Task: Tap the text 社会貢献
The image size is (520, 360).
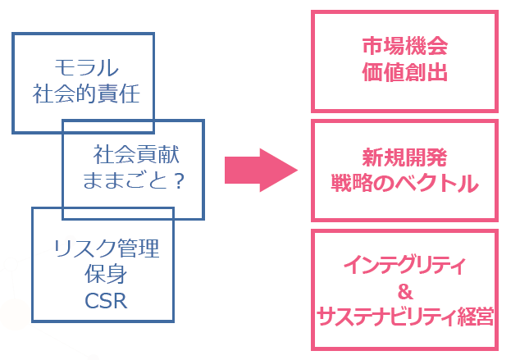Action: (x=136, y=153)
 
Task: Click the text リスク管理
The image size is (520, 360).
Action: (x=103, y=248)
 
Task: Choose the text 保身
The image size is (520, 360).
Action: (x=103, y=275)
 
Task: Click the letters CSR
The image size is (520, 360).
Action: (x=103, y=302)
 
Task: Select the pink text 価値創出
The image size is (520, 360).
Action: (x=404, y=72)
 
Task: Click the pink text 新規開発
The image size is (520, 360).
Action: (x=404, y=157)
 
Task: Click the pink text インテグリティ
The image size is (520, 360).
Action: (x=404, y=266)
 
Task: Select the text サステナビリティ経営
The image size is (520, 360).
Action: (x=404, y=317)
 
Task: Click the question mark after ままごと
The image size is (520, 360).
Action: (x=180, y=180)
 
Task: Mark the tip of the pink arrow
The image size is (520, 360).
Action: (x=294, y=170)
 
